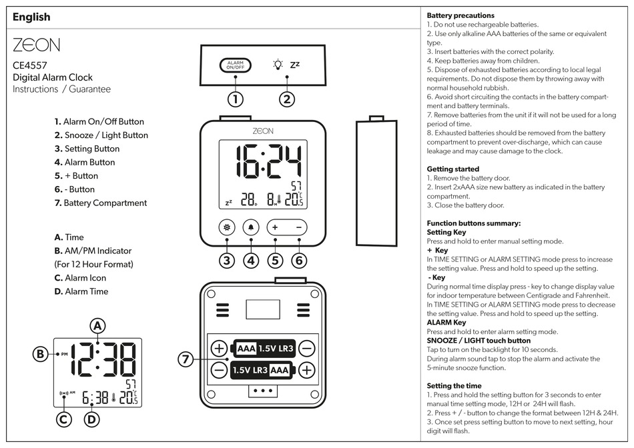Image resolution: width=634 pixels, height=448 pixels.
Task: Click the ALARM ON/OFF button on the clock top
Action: [x=235, y=65]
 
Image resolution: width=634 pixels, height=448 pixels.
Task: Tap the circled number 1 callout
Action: [x=235, y=99]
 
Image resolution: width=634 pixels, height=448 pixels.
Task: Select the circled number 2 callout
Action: [x=286, y=99]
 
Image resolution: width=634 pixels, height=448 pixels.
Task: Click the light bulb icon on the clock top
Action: [x=278, y=65]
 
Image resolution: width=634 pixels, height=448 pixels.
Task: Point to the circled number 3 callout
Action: [x=227, y=261]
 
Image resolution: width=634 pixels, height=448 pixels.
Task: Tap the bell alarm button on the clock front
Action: [x=251, y=227]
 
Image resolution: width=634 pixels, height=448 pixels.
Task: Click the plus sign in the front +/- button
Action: [x=275, y=227]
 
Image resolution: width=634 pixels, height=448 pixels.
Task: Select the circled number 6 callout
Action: [x=300, y=261]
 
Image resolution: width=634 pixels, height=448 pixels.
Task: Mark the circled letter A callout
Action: [x=97, y=325]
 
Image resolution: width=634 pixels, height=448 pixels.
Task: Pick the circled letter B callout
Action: [x=41, y=354]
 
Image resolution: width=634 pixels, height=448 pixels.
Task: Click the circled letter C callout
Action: [x=63, y=419]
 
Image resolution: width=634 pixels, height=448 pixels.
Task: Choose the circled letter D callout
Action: [x=92, y=419]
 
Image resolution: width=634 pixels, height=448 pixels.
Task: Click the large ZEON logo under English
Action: [x=36, y=45]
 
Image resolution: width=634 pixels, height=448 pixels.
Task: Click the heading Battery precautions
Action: [x=460, y=15]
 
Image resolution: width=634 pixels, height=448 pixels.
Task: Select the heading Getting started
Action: [x=452, y=169]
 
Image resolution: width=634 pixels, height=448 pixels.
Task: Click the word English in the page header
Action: [x=31, y=17]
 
